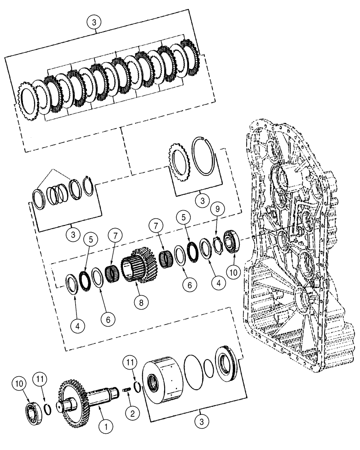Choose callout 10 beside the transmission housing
pyautogui.click(x=234, y=273)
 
